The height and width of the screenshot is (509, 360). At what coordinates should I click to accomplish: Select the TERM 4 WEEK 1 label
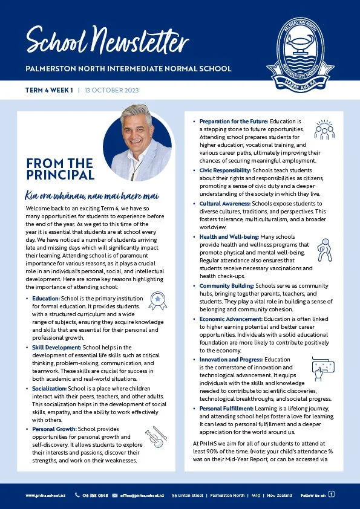(x=49, y=91)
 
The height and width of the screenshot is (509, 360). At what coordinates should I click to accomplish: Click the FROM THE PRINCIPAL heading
(x=60, y=169)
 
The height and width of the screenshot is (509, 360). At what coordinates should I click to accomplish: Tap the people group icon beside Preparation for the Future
(x=324, y=129)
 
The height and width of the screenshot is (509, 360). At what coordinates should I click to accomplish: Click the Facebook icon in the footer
(x=332, y=494)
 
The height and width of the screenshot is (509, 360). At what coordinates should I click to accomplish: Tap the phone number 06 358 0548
(x=95, y=495)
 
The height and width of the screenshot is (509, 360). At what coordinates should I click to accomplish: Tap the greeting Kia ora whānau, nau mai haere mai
(x=91, y=196)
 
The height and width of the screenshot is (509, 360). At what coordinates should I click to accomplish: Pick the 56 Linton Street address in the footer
(x=188, y=495)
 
